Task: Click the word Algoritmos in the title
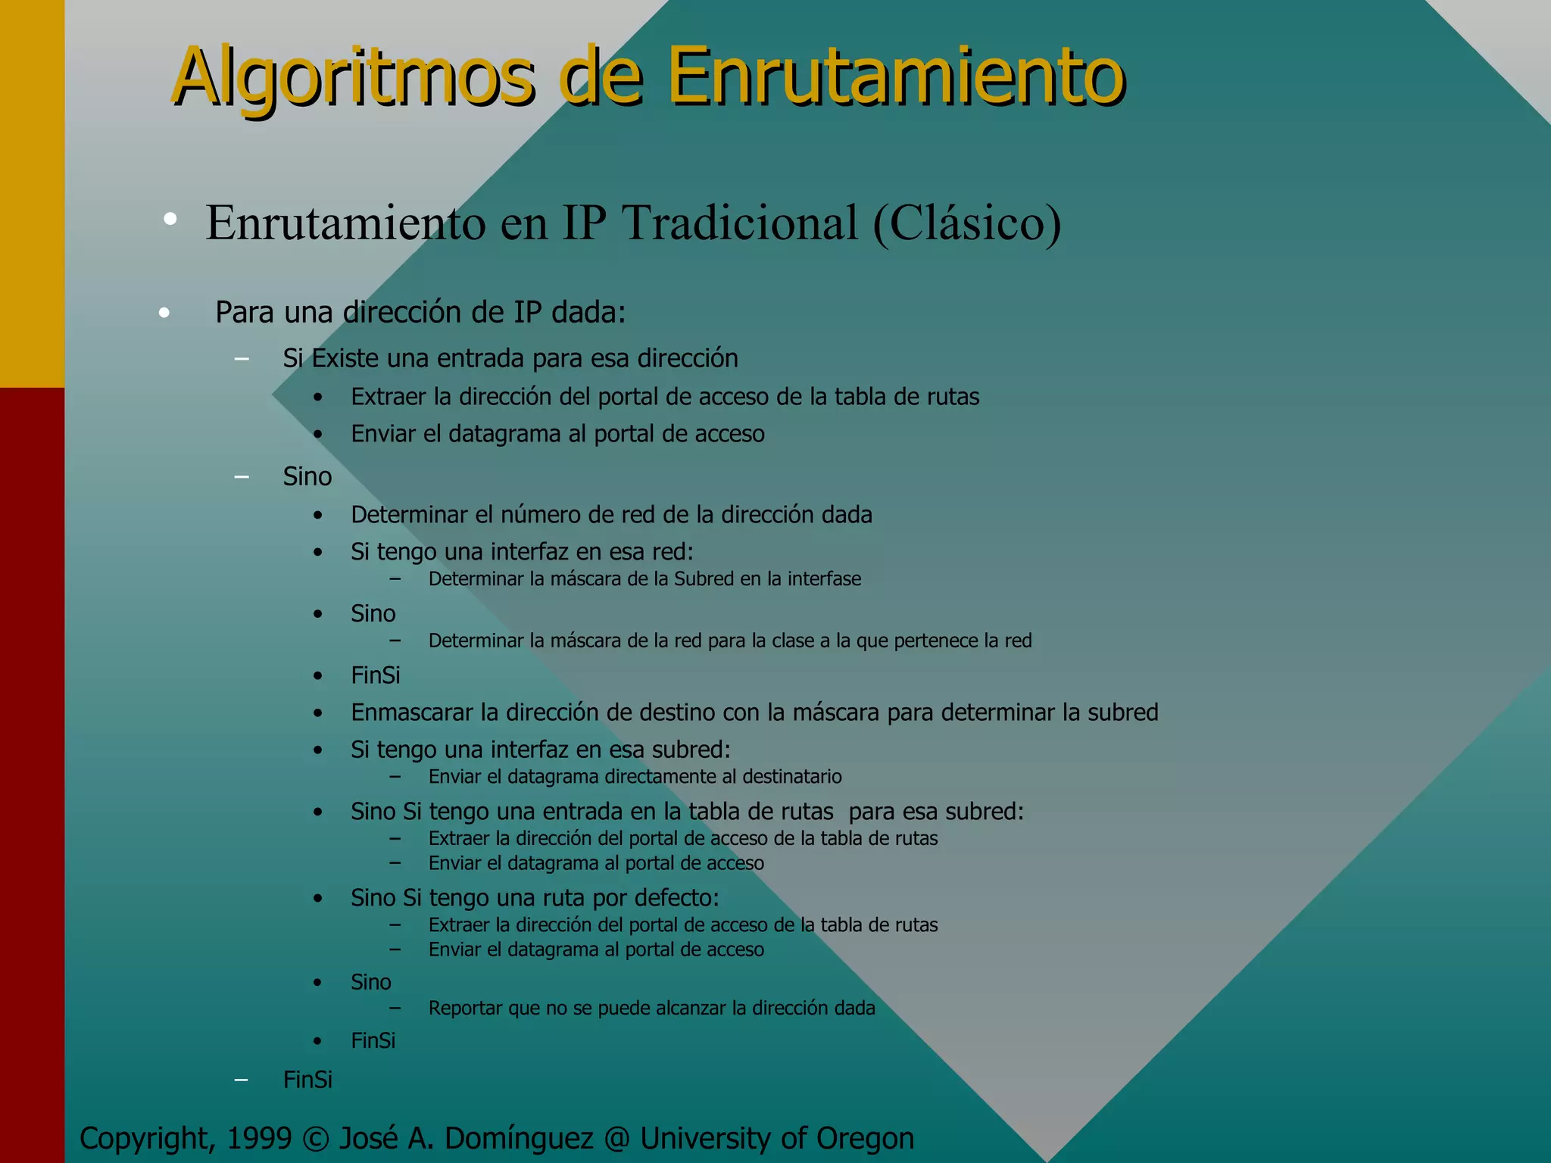(x=354, y=77)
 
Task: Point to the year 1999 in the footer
(x=259, y=1138)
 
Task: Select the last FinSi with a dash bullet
(x=307, y=1080)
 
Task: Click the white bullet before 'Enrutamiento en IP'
(x=170, y=220)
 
